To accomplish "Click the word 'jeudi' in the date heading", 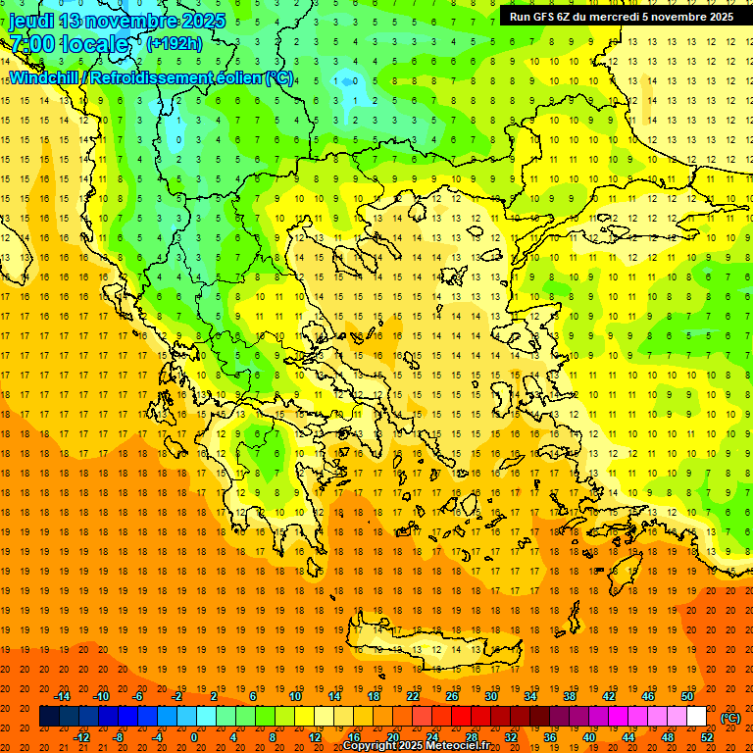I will [x=31, y=21].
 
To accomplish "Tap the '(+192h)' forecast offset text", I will [x=174, y=43].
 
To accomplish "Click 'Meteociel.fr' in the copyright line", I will [x=459, y=746].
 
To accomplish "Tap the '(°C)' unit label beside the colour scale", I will [x=730, y=718].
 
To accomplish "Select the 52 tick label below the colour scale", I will [x=707, y=737].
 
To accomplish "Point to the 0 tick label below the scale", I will [x=193, y=737].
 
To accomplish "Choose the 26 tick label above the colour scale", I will [x=452, y=696].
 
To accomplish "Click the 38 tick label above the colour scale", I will [x=570, y=696].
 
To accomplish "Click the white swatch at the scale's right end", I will [x=697, y=717].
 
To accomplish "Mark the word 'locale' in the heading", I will [x=94, y=44].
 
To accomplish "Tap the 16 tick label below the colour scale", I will [x=354, y=737].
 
